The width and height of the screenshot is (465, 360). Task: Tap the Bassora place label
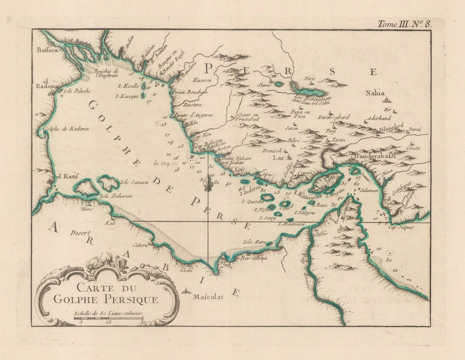46,50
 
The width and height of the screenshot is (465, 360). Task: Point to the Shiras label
264,85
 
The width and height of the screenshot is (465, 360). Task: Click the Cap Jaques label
401,228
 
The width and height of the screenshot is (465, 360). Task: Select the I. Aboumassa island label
291,224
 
